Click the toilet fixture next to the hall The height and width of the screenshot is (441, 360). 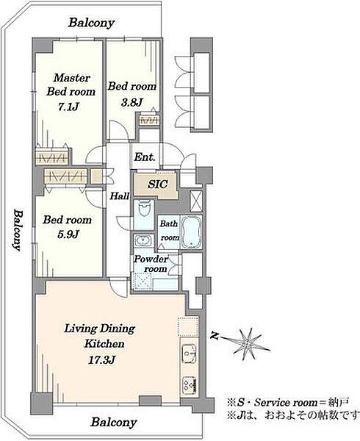(x=143, y=209)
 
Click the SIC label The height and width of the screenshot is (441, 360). (x=158, y=184)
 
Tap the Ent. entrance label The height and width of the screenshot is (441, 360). (x=145, y=157)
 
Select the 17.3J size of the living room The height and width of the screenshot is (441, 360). (x=101, y=360)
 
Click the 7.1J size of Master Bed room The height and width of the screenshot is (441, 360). (x=68, y=107)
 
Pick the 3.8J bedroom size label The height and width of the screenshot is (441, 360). (x=132, y=103)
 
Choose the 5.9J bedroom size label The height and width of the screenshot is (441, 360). (x=68, y=234)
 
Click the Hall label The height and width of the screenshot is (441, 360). (x=120, y=196)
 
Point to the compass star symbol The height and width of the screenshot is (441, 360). (x=248, y=344)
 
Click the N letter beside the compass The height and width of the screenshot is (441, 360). (x=215, y=336)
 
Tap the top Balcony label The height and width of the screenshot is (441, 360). (x=91, y=23)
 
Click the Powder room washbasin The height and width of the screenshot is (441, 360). (x=143, y=240)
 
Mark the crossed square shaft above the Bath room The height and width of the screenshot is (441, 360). (x=196, y=201)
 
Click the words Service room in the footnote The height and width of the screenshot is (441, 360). (x=286, y=403)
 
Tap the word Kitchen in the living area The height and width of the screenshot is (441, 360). (x=104, y=344)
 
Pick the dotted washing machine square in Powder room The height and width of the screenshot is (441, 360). (x=143, y=282)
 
